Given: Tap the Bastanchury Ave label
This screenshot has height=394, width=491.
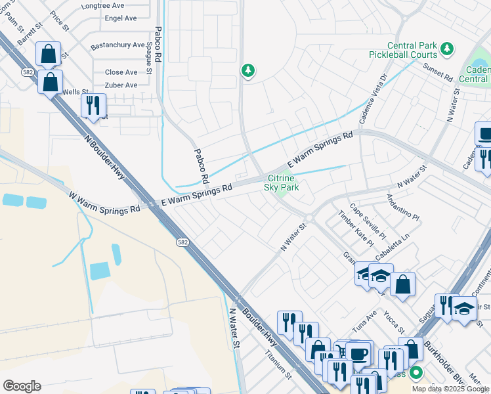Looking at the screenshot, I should pos(117,45).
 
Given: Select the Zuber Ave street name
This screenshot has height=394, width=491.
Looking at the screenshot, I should pos(121,85).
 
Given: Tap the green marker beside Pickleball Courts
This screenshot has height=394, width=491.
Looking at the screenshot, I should pos(447,48).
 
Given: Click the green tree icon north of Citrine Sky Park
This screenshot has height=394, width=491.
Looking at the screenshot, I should pos(247,70).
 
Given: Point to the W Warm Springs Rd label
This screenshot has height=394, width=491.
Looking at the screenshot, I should pos(104,202).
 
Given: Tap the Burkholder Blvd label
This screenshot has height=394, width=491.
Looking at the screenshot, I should pos(442,355).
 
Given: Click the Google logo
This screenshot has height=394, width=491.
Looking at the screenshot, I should pos(22,385).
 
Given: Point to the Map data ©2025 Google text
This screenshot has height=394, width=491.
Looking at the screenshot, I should pos(450,389).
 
